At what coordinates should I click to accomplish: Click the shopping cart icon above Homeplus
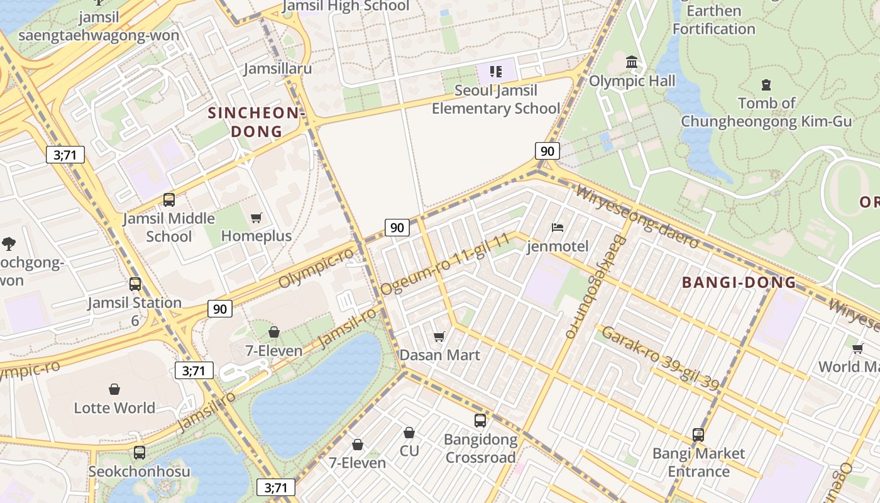click(x=256, y=218)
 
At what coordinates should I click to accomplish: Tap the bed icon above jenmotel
click(x=557, y=227)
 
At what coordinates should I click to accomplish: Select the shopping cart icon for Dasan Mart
click(x=439, y=336)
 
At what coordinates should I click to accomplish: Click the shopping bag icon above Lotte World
click(x=114, y=389)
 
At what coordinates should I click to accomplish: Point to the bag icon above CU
click(x=409, y=433)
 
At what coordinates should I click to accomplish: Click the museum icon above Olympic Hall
click(x=632, y=62)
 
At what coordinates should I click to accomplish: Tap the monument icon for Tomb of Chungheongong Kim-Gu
click(x=766, y=84)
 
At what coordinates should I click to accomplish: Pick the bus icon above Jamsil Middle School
click(x=168, y=200)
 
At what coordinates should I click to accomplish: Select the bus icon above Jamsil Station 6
click(x=135, y=284)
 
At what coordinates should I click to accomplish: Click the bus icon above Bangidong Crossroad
click(x=480, y=420)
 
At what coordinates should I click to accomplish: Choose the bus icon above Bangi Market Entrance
click(x=698, y=434)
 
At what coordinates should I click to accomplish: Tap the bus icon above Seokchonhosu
click(x=139, y=452)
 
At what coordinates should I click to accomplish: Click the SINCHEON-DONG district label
click(x=256, y=122)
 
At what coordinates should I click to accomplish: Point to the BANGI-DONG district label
click(x=739, y=282)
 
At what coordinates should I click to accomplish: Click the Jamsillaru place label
click(x=278, y=68)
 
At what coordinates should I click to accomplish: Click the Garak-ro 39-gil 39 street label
click(x=659, y=358)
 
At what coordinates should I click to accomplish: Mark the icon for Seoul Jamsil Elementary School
click(x=495, y=71)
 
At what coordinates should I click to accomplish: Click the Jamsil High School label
click(x=346, y=6)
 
